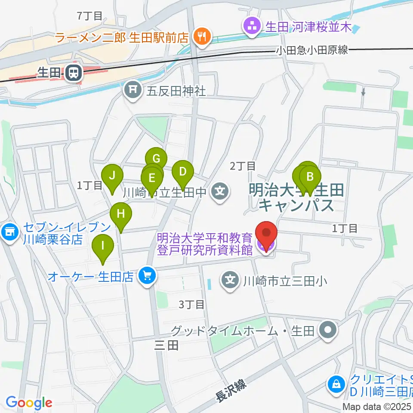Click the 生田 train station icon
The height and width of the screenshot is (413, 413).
click(x=74, y=74)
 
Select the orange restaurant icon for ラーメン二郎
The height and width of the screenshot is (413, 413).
click(x=201, y=37)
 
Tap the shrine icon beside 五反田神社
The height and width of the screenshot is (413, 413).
click(x=133, y=90)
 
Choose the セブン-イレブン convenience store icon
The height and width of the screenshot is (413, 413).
click(x=9, y=233)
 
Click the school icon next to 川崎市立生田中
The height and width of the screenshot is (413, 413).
click(x=221, y=189)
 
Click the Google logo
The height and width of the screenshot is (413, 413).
click(x=28, y=403)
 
